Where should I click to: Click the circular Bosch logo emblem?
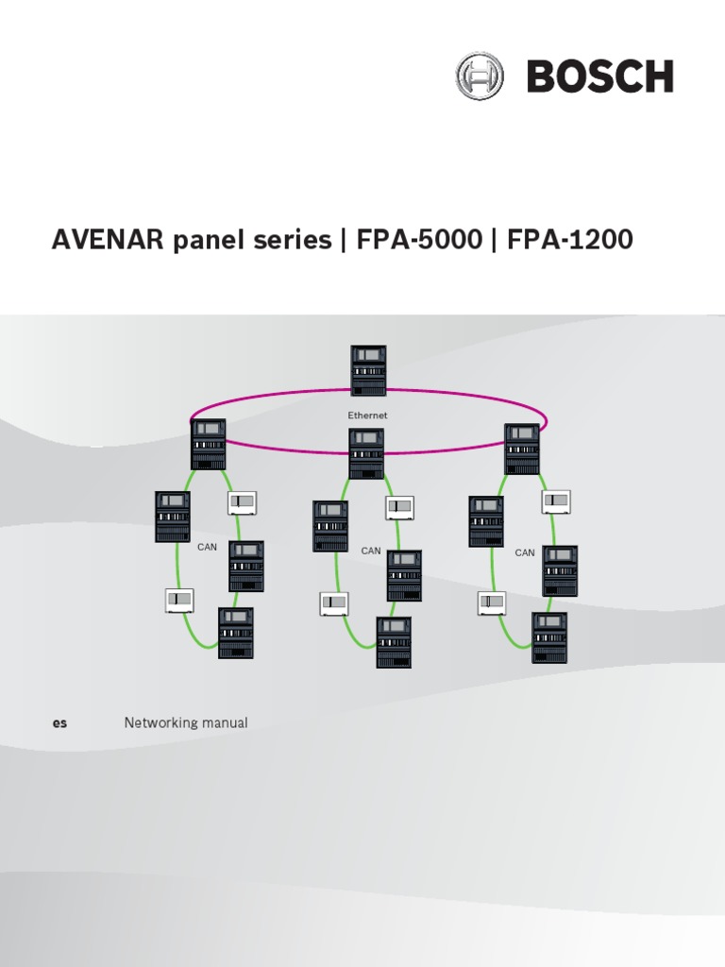click(x=480, y=76)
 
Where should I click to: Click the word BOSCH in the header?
click(x=599, y=76)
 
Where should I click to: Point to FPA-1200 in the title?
click(x=570, y=242)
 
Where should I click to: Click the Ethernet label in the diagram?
click(x=367, y=416)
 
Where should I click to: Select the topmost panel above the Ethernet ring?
click(x=368, y=370)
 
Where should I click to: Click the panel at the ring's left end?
click(x=209, y=444)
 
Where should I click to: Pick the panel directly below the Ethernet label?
click(x=366, y=453)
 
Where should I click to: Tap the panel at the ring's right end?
click(x=522, y=449)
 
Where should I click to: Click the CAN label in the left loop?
click(x=207, y=547)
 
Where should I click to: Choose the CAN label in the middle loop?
click(x=371, y=551)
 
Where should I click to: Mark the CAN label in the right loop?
click(x=525, y=552)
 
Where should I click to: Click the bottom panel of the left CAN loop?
click(x=235, y=633)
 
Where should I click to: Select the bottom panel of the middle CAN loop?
click(x=394, y=642)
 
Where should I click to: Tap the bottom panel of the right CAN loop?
click(x=549, y=637)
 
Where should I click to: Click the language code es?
click(x=59, y=723)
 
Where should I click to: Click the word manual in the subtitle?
click(x=228, y=723)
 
